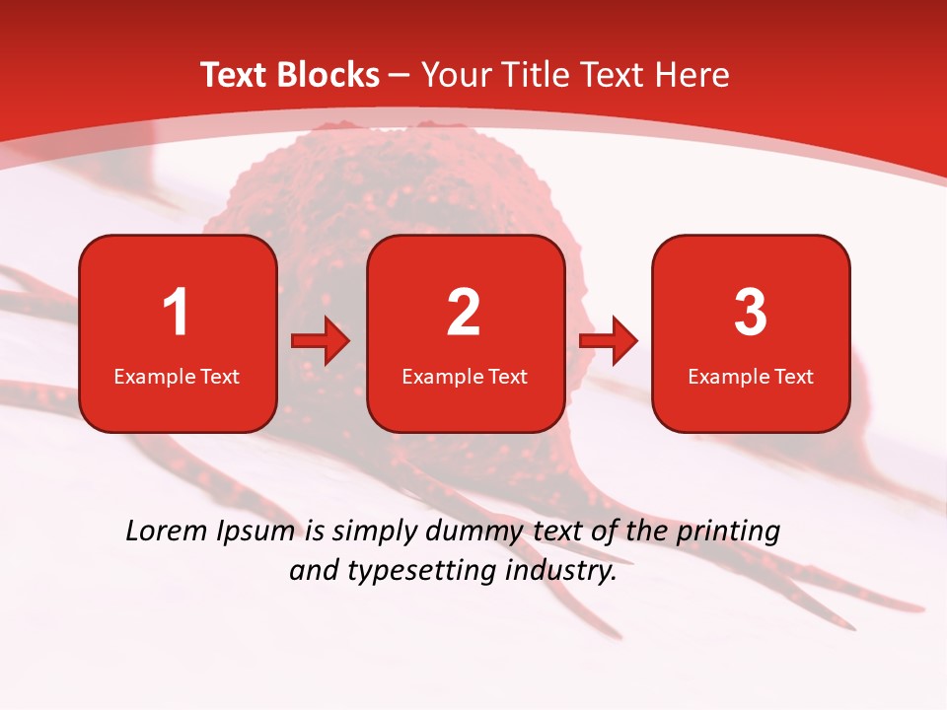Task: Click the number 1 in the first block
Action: point(177,313)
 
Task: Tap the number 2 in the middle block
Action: point(464,313)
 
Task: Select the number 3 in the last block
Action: point(751,313)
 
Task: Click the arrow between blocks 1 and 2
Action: point(321,341)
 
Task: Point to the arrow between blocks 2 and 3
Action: point(608,341)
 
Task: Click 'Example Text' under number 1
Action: point(177,376)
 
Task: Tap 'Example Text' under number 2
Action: point(465,376)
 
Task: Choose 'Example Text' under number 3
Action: point(751,376)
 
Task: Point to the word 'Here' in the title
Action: point(693,75)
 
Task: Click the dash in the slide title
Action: point(400,76)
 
